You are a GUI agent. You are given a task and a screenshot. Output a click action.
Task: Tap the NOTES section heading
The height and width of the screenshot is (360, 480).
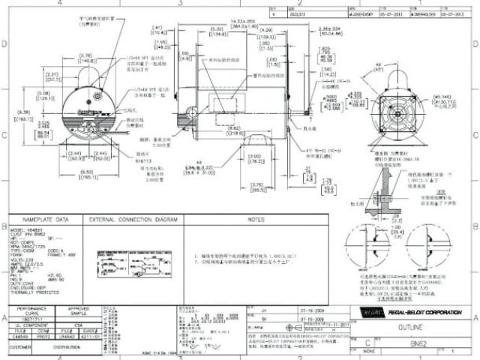coord(256,220)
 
